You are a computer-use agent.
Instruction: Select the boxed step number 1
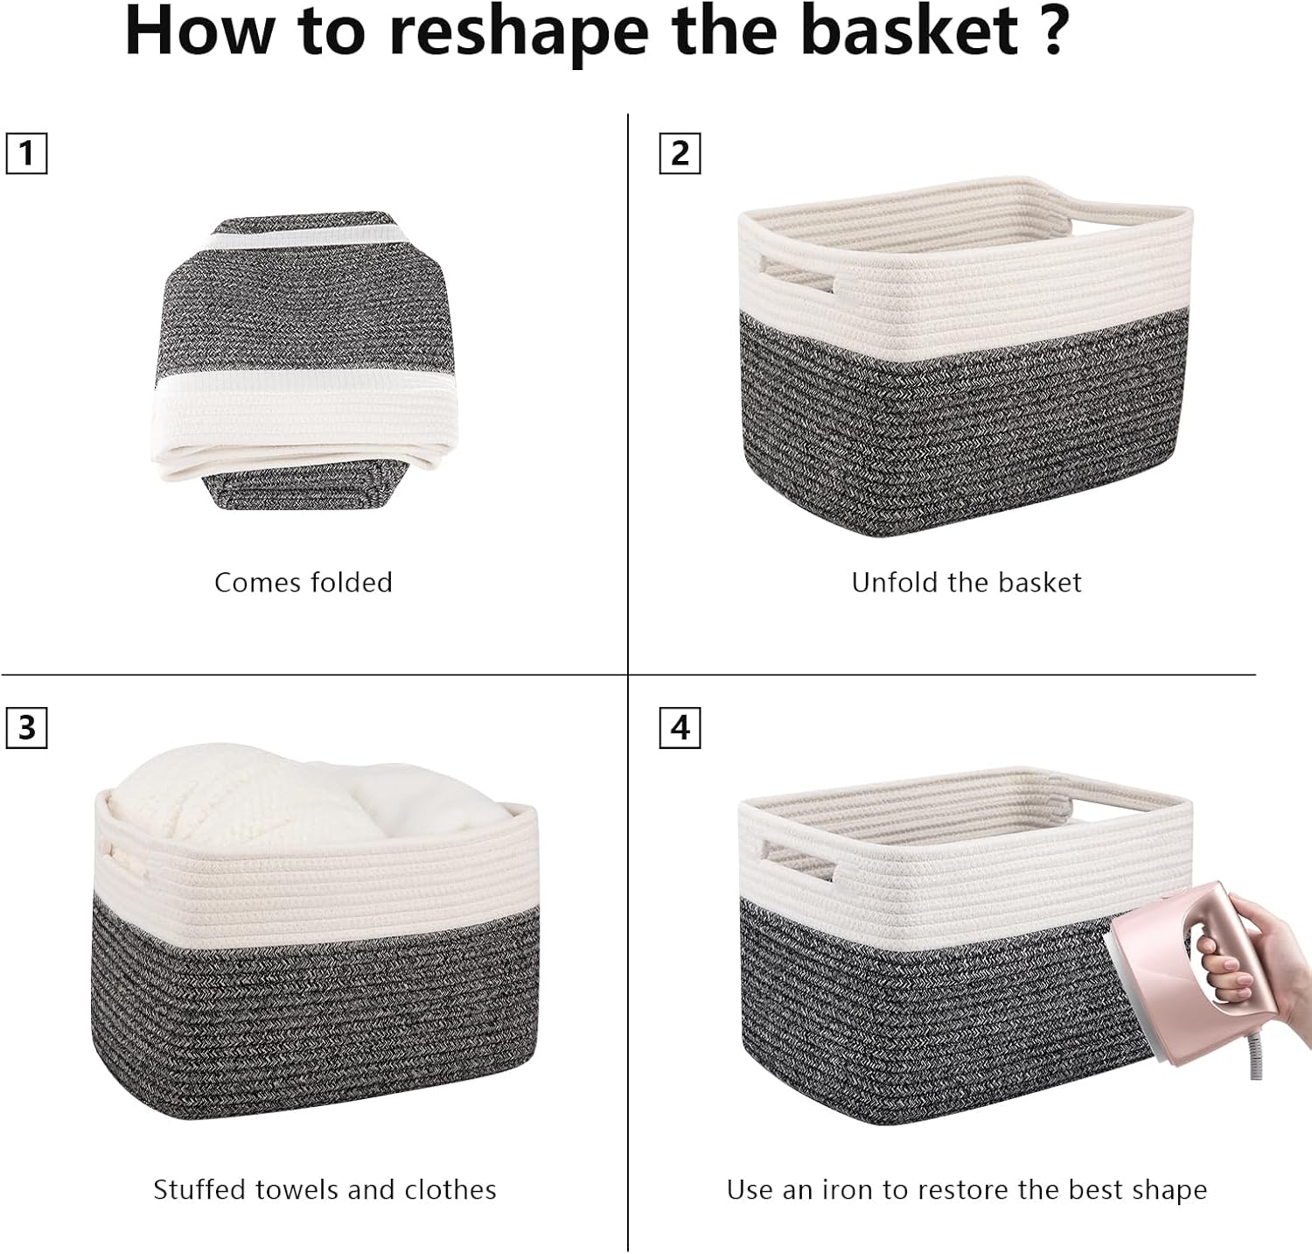[x=26, y=154]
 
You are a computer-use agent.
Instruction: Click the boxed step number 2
[x=680, y=154]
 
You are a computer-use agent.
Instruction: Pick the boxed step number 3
[x=26, y=728]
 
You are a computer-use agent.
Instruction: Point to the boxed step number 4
[x=680, y=728]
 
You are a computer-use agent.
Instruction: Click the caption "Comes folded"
[x=304, y=583]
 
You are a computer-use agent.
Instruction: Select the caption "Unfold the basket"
[x=967, y=583]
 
